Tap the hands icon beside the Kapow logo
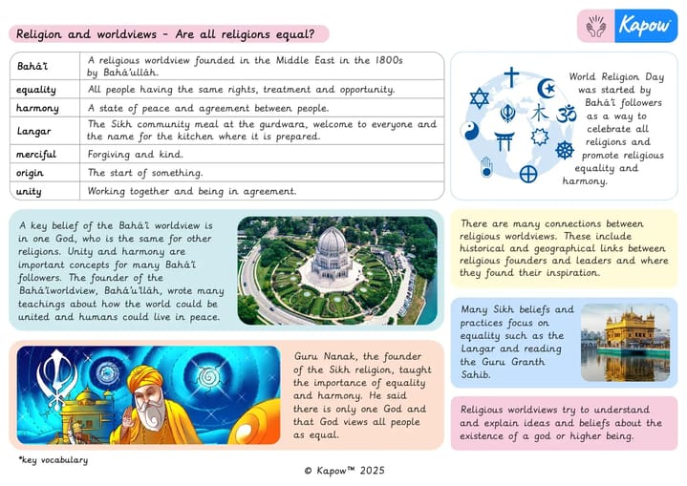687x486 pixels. tap(596, 26)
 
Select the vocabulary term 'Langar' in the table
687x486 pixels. tap(34, 130)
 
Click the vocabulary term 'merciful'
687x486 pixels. tap(37, 155)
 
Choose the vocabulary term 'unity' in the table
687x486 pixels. tap(32, 191)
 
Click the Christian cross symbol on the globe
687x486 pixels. tap(512, 76)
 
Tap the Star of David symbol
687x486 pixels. tap(479, 97)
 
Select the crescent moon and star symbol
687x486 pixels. tap(547, 89)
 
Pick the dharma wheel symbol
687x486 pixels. tap(565, 150)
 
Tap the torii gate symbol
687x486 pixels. tap(505, 141)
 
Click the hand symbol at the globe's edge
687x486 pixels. tap(486, 167)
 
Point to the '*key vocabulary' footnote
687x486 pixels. tap(54, 460)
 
